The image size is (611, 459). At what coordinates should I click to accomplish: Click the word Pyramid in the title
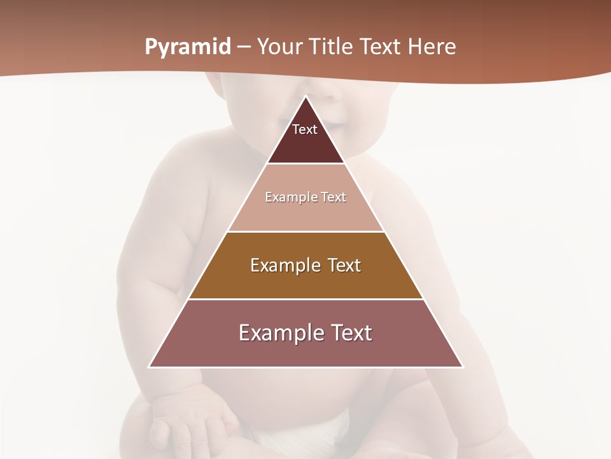coord(188,47)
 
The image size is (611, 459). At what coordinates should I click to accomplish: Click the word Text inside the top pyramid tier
coord(305,129)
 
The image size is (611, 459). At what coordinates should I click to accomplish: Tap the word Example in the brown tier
coord(284,265)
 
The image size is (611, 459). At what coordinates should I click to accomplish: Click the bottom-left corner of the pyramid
coord(150,367)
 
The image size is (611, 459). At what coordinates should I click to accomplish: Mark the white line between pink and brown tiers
coord(305,231)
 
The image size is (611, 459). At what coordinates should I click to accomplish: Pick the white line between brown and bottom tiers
coord(305,299)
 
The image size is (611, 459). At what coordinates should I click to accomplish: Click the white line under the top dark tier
coord(305,164)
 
